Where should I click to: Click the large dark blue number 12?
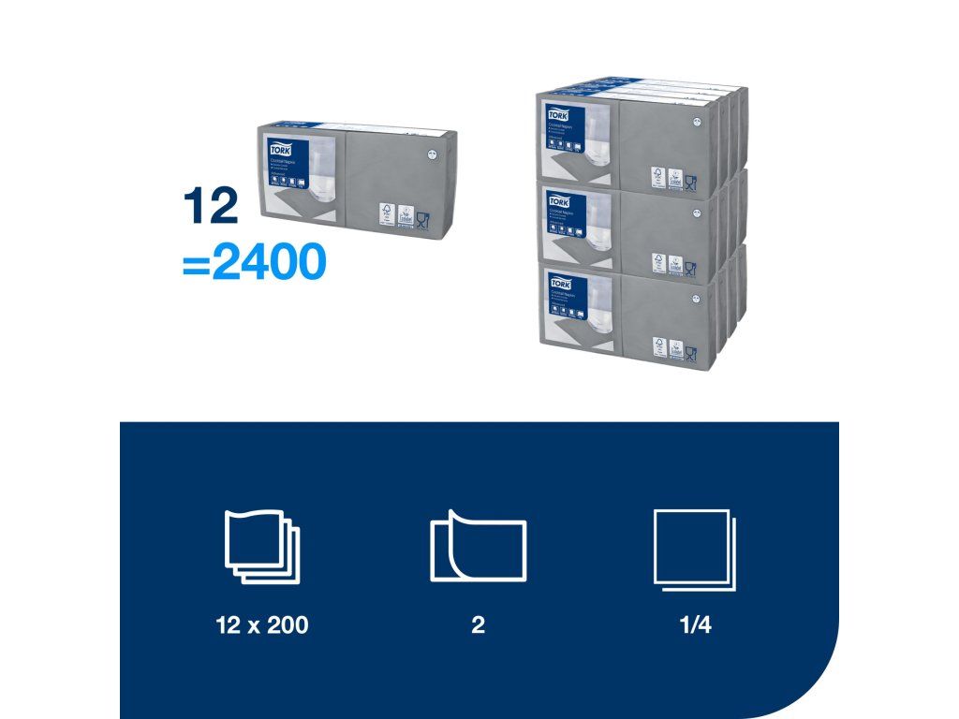212,208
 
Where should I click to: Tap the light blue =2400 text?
254,264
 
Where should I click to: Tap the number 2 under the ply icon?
478,625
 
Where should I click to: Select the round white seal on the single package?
432,155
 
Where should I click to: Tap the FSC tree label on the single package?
386,213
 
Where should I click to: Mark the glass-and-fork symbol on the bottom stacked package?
690,352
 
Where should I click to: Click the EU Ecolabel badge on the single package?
405,213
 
